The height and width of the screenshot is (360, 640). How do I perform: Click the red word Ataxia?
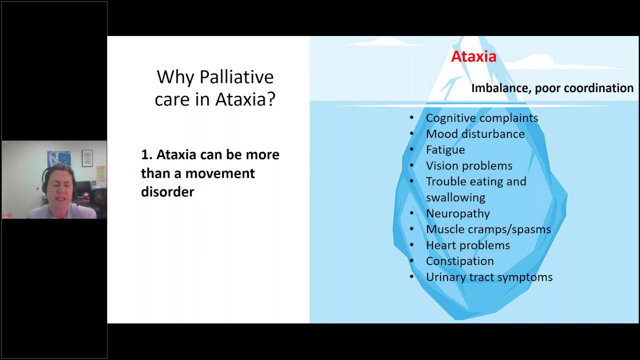point(473,56)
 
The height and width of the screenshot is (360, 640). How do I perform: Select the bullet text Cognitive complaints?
point(481,118)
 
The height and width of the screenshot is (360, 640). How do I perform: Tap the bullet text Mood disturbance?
point(475,134)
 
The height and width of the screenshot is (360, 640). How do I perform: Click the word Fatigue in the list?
point(445,150)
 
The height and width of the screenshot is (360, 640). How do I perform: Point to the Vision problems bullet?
point(468,166)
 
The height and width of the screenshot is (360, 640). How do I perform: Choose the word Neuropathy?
point(457,213)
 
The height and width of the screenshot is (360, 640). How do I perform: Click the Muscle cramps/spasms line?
point(488,229)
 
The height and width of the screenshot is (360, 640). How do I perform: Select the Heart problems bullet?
point(467,245)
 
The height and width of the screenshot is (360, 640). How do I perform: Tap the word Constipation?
point(459,261)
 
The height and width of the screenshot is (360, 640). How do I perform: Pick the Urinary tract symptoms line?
point(488,277)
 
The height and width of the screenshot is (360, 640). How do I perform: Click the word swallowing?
point(455,197)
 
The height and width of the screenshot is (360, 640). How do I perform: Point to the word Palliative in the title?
point(236,77)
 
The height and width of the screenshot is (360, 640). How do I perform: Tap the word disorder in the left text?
point(167,192)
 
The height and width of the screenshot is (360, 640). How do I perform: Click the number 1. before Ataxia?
point(146,155)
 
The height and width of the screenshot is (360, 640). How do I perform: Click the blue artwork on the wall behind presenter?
point(53,159)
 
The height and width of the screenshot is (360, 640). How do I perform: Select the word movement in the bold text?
point(220,173)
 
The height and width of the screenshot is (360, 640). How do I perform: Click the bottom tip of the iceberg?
point(457,317)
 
